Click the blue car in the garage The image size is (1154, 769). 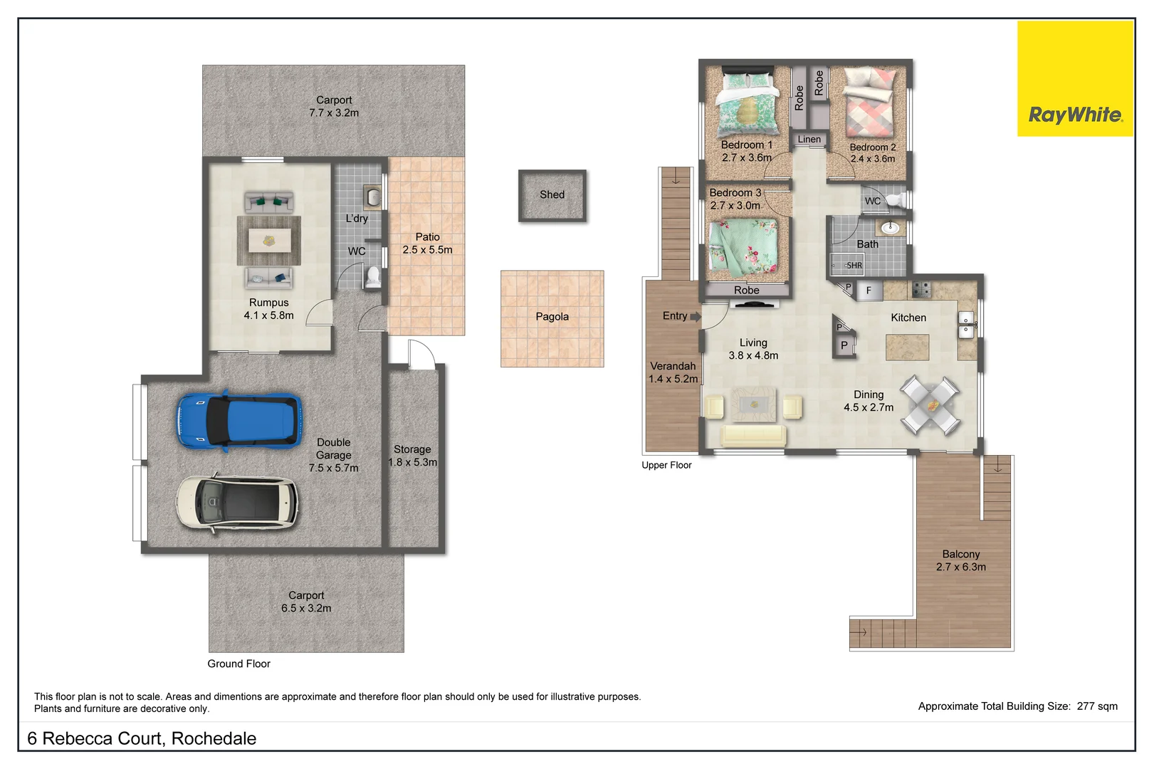click(239, 421)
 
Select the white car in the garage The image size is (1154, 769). click(237, 503)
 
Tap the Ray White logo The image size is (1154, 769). click(1075, 114)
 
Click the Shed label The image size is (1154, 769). click(552, 194)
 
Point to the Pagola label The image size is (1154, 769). click(552, 317)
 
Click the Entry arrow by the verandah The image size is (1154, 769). click(696, 317)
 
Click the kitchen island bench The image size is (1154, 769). click(907, 347)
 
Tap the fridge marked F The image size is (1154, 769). click(869, 291)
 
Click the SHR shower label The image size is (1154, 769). click(854, 266)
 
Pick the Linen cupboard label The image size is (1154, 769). click(809, 140)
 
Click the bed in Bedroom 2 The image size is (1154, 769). click(869, 103)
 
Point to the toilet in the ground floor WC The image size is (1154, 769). click(372, 277)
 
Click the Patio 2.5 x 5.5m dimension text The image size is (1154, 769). click(427, 250)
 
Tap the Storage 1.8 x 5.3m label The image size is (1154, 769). click(412, 456)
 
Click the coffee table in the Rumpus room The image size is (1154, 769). click(269, 240)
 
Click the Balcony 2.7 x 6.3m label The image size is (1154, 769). click(960, 560)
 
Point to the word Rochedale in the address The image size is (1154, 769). click(214, 738)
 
